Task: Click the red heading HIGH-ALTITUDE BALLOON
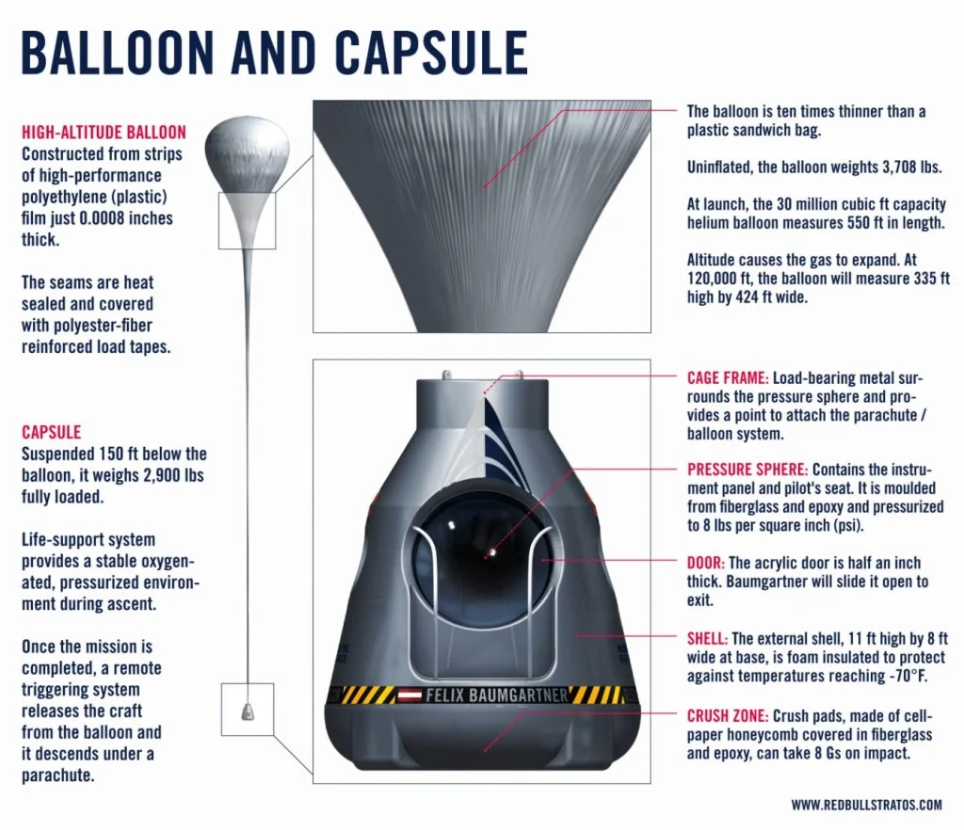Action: (104, 133)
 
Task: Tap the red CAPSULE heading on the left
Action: (51, 433)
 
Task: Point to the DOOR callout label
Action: (705, 562)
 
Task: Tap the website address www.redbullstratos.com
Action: (866, 805)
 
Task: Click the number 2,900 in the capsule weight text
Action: (158, 476)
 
